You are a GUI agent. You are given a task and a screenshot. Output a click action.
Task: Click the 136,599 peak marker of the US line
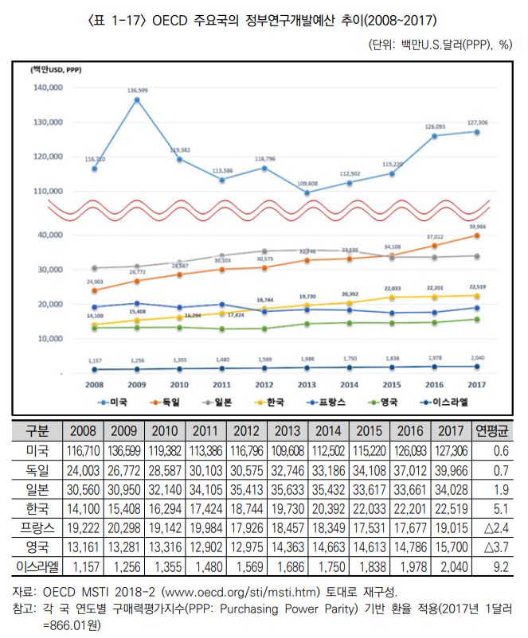tap(137, 100)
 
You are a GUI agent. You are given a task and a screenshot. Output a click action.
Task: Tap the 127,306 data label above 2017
tap(477, 123)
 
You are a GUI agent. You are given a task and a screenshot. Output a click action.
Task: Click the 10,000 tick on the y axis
tap(50, 339)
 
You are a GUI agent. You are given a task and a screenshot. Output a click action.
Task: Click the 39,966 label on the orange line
tap(477, 227)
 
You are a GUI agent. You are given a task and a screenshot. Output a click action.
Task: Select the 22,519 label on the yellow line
tap(477, 287)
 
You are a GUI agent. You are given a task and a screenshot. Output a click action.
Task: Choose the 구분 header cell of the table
tap(37, 431)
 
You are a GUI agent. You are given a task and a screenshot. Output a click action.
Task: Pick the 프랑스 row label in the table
tap(37, 527)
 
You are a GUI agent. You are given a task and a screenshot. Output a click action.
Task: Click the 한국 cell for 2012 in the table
tap(248, 508)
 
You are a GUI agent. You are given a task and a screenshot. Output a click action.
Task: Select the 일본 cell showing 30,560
tap(83, 488)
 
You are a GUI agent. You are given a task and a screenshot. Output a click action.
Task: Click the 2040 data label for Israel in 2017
tap(477, 358)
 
